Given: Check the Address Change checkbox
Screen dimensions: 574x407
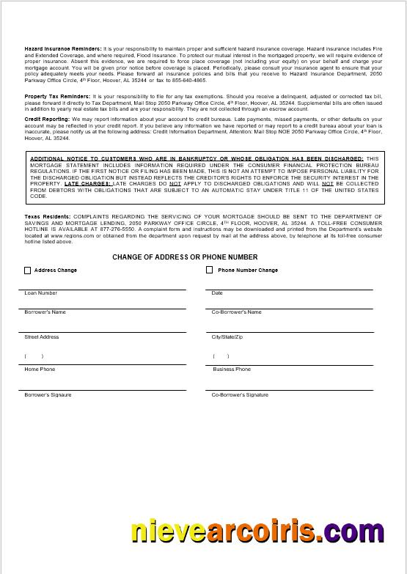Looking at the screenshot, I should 28,271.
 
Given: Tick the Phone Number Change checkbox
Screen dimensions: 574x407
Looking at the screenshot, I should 209,271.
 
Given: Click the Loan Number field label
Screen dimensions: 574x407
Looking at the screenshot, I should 41,293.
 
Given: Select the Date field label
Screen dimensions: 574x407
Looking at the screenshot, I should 217,293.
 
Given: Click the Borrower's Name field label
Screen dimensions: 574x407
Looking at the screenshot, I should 45,312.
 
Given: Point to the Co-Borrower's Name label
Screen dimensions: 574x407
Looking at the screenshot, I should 236,312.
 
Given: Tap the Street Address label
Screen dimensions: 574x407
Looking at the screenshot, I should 42,337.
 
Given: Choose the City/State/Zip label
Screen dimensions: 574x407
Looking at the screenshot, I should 227,337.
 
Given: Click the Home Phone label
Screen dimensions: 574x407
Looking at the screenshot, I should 40,369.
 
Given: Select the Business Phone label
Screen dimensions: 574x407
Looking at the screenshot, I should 232,369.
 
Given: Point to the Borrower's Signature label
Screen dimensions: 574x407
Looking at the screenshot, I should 48,395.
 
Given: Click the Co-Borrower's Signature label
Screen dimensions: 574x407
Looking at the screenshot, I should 240,395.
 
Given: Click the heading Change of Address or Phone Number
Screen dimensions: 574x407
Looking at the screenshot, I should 185,257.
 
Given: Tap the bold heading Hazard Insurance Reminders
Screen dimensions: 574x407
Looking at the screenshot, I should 63,48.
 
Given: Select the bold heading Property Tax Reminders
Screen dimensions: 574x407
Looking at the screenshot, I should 58,97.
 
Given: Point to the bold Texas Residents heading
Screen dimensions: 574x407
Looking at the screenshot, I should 48,217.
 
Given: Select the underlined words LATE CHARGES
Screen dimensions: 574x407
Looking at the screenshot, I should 87,184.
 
